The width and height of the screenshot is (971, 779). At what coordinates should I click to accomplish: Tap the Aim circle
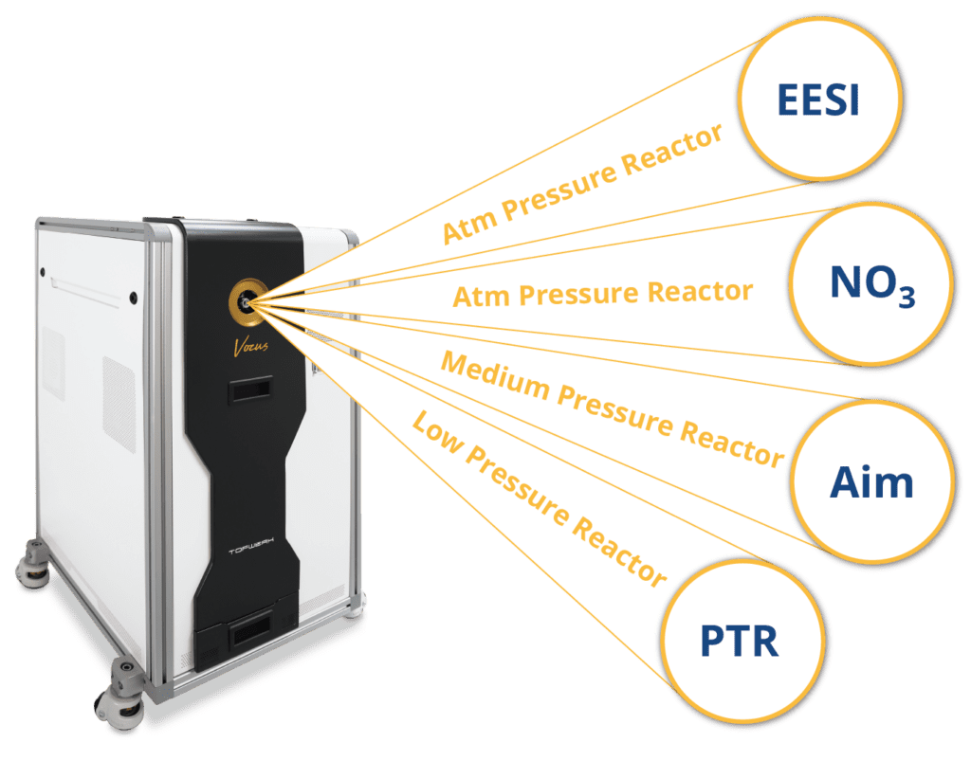pos(870,483)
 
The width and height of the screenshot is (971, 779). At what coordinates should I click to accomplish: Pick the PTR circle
pos(739,642)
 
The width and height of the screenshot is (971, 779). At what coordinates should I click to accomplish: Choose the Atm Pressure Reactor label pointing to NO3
pos(602,293)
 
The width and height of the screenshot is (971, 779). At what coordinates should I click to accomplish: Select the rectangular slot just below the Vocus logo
pos(249,389)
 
